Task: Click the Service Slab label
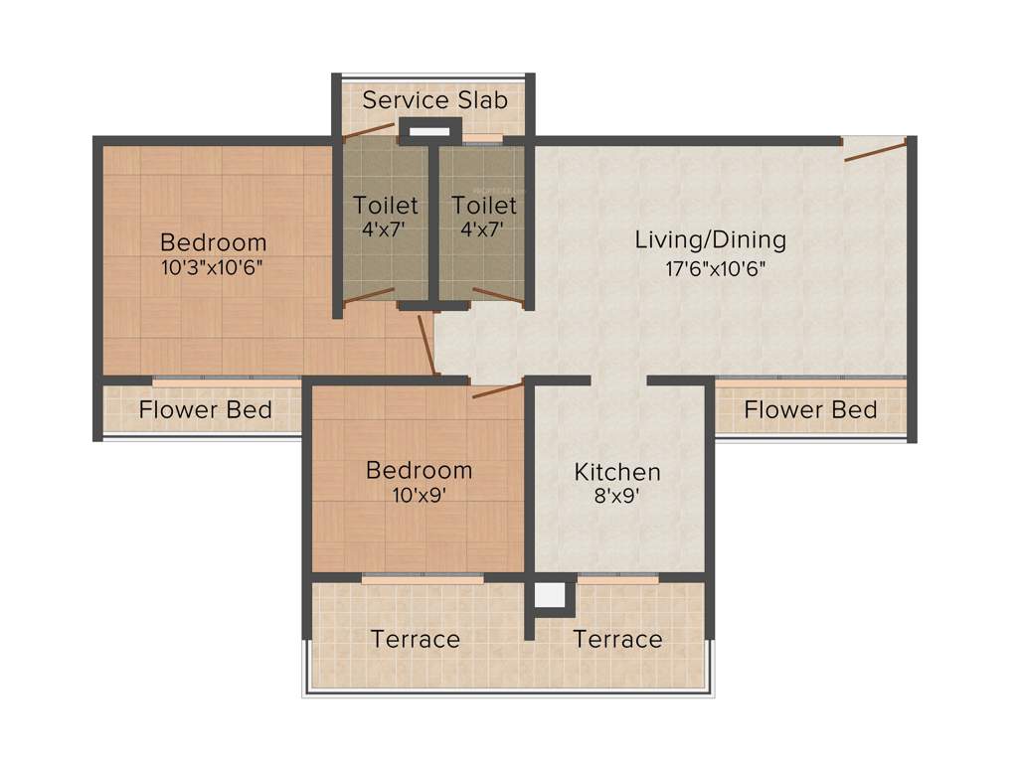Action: (434, 100)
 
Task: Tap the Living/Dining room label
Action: (711, 239)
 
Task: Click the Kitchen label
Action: (617, 471)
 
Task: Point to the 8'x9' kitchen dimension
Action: (617, 497)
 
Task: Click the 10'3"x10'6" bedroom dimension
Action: (213, 268)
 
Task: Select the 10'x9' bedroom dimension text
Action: (419, 496)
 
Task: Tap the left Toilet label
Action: (386, 206)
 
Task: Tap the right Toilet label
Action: (484, 206)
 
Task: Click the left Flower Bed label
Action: (205, 409)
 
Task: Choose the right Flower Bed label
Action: (810, 409)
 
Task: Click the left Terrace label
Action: (416, 639)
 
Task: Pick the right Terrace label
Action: (617, 639)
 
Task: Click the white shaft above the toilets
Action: (429, 131)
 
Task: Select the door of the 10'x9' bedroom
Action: (497, 389)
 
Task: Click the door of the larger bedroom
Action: (427, 345)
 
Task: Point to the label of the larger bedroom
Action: (213, 241)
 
